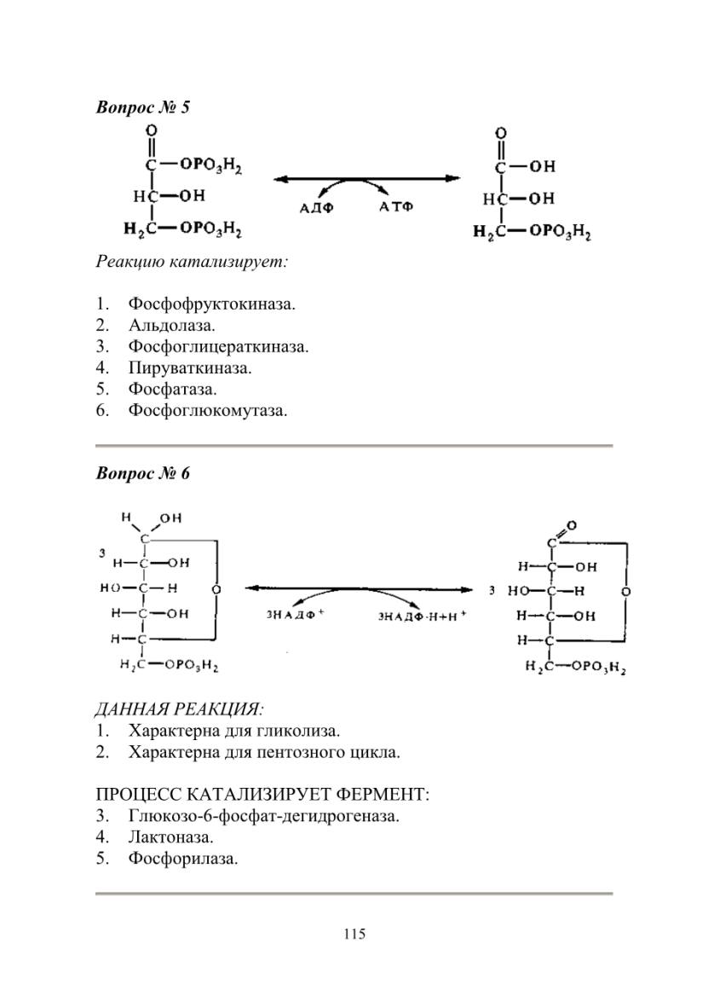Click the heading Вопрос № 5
pos(143,107)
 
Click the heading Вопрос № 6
pos(143,473)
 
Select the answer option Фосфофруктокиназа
pos(212,304)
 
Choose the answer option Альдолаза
pos(171,325)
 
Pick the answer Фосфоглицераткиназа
pos(218,347)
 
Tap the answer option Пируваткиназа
pos(190,367)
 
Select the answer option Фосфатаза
pos(172,389)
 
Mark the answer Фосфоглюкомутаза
pos(208,410)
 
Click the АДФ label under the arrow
pos(316,207)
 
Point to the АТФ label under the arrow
pos(395,207)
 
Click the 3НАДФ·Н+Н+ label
pos(423,616)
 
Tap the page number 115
pos(354,934)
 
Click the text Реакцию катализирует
pos(192,262)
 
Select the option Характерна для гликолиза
pos(234,731)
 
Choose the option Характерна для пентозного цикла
pos(264,752)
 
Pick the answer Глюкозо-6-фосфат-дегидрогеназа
pos(263,816)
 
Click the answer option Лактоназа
pos(170,837)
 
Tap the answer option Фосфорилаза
pos(183,859)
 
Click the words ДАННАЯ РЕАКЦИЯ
pos(179,709)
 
